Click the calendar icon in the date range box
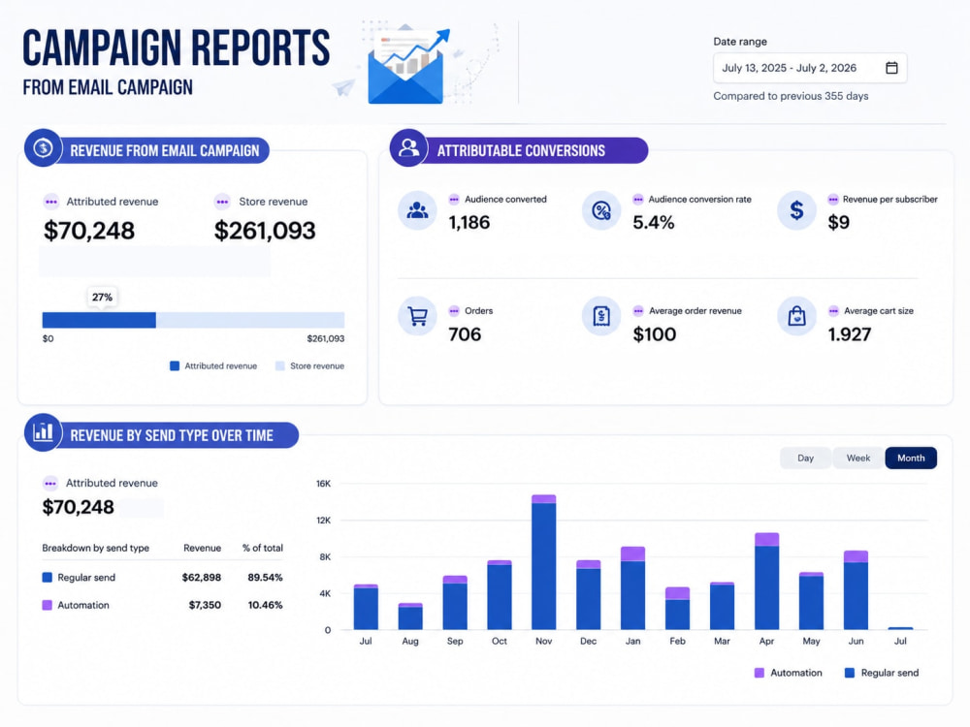point(891,68)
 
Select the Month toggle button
point(911,458)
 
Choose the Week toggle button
point(858,458)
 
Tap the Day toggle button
point(805,458)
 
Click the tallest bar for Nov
point(544,562)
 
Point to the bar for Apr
point(766,581)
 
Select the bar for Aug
point(410,616)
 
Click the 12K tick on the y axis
point(324,521)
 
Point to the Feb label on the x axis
point(677,641)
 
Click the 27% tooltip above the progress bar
point(102,298)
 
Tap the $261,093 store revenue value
point(265,231)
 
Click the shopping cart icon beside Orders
point(417,316)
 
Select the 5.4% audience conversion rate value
point(653,223)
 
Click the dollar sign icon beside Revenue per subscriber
point(796,210)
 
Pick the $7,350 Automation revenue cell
point(205,605)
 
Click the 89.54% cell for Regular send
point(265,578)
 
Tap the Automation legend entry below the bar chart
point(788,673)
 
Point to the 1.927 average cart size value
point(850,334)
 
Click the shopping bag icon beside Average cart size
point(796,316)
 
